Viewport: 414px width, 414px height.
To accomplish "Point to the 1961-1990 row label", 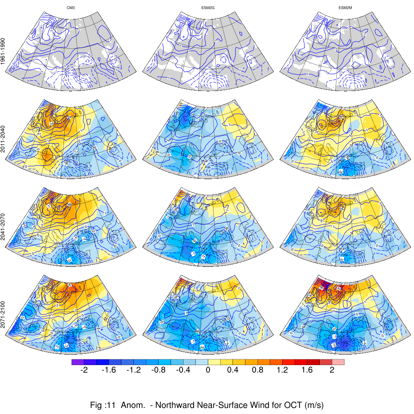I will [x=3, y=52].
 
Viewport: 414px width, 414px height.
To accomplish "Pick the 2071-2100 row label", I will [x=3, y=313].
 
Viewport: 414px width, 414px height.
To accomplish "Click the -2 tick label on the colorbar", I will [x=84, y=370].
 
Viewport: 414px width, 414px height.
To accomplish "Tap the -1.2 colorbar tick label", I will [x=133, y=370].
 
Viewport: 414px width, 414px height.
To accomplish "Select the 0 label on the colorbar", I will [x=208, y=370].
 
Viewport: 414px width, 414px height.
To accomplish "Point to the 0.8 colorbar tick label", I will [x=258, y=370].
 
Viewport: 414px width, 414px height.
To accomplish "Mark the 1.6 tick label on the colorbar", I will [x=307, y=370].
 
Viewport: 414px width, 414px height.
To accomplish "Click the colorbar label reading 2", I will [x=332, y=370].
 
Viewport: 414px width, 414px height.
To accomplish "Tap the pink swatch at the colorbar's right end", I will [x=338, y=362].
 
